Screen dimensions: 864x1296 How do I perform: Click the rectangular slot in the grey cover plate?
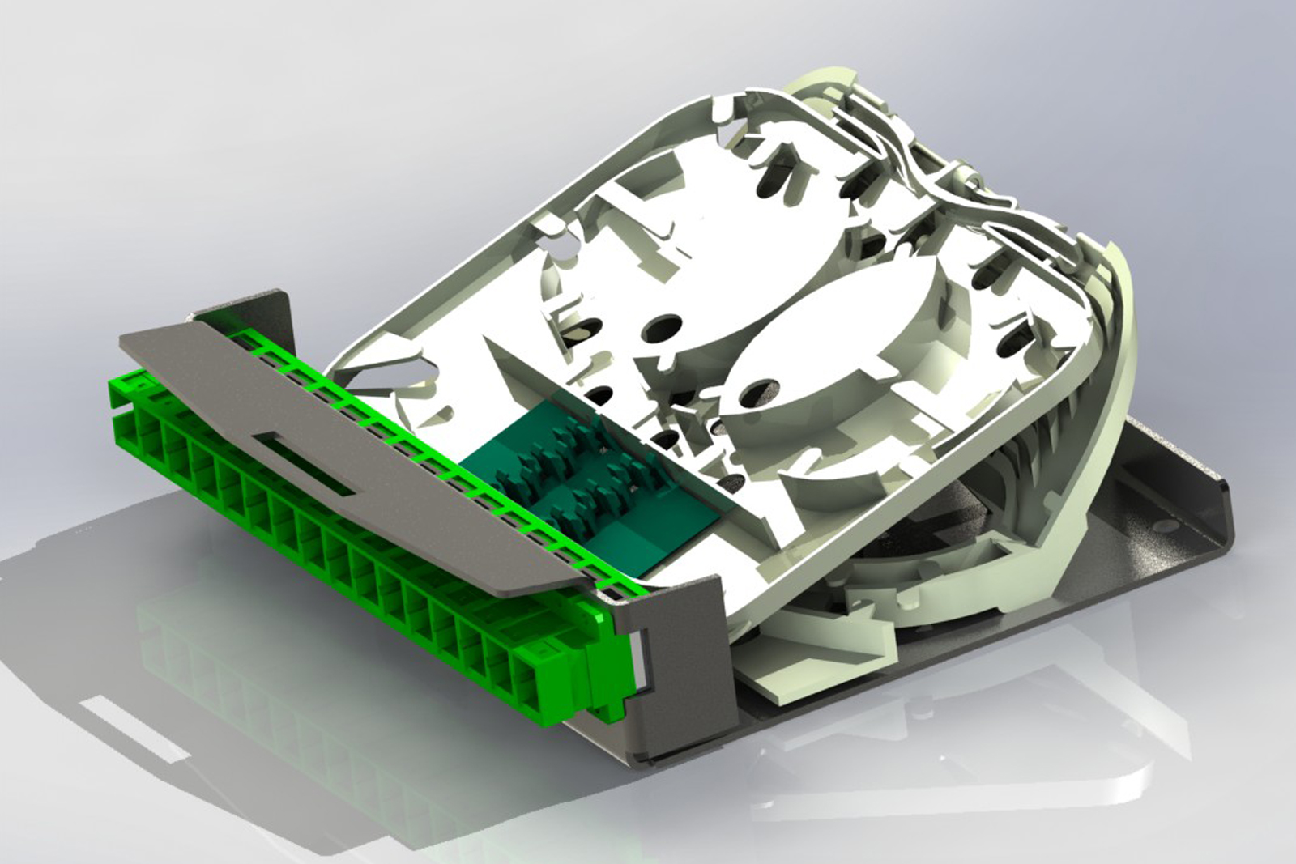pos(305,465)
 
